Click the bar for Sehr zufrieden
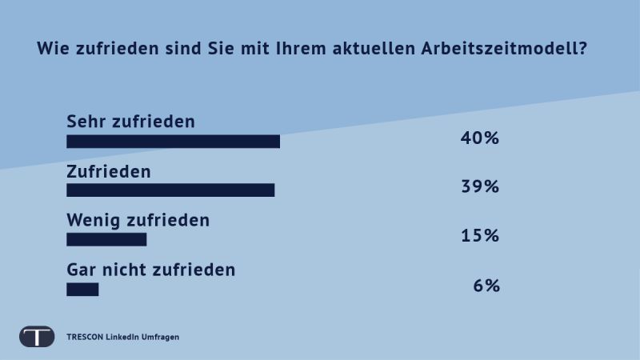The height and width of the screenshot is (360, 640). click(173, 142)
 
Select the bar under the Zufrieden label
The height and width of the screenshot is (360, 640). click(170, 190)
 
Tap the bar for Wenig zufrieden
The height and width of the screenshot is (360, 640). click(106, 239)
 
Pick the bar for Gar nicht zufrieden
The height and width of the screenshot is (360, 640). click(82, 290)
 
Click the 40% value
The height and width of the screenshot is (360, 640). click(480, 138)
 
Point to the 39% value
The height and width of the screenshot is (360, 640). click(480, 186)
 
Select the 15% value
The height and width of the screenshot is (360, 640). click(480, 236)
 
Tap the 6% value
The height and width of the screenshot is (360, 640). click(486, 286)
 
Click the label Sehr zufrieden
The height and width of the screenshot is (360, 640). click(131, 122)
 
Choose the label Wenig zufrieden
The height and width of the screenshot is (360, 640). click(138, 220)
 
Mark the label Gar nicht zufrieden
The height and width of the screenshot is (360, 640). click(151, 270)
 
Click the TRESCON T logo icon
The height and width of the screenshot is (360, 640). click(37, 337)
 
